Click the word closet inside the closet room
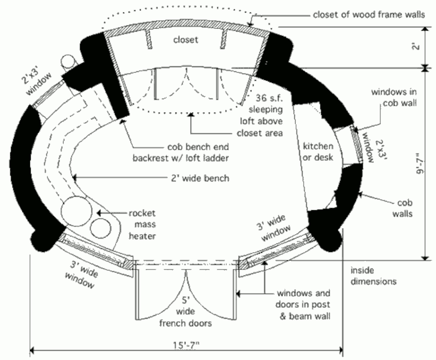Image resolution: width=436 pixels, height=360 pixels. [x=185, y=40]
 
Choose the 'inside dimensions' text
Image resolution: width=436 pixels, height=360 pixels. [x=373, y=276]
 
